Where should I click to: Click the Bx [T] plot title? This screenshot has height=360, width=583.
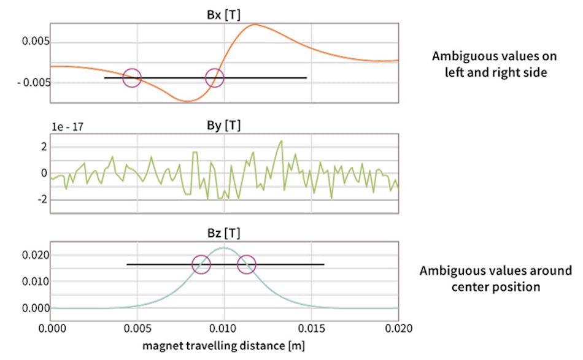coord(224,14)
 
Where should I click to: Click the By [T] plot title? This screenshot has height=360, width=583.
coord(224,126)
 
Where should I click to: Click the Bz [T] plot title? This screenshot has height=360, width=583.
coord(224,233)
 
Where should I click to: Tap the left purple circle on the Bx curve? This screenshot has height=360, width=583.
coord(132,78)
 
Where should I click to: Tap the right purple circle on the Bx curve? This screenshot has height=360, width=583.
coord(214,78)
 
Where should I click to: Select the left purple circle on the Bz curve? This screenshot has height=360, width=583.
coord(201,264)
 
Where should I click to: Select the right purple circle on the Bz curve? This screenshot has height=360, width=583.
coord(246,264)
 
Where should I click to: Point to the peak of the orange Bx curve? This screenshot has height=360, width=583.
coord(255,25)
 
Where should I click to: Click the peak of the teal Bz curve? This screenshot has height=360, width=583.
coord(224,248)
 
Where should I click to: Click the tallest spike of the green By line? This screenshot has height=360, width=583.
coord(281,142)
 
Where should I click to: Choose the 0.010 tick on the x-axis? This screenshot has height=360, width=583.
coord(224,329)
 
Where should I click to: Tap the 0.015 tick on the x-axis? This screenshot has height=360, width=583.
coord(311,329)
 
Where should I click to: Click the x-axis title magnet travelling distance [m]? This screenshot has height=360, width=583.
coord(224,346)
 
